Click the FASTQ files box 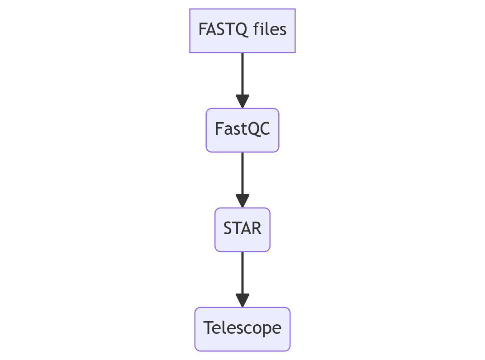[242, 31]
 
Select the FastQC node [242, 130]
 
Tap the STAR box [242, 230]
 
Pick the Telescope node [242, 329]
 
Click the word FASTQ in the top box [223, 30]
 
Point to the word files [270, 29]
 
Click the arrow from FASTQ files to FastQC [242, 81]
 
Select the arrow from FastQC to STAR [242, 180]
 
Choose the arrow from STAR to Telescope [242, 279]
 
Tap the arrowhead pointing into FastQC [242, 101]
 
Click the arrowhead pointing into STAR [242, 201]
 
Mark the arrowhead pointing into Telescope [242, 301]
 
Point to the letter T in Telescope [209, 327]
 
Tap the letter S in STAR [228, 228]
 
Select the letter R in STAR [257, 228]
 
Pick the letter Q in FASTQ [241, 30]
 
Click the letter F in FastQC [219, 128]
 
